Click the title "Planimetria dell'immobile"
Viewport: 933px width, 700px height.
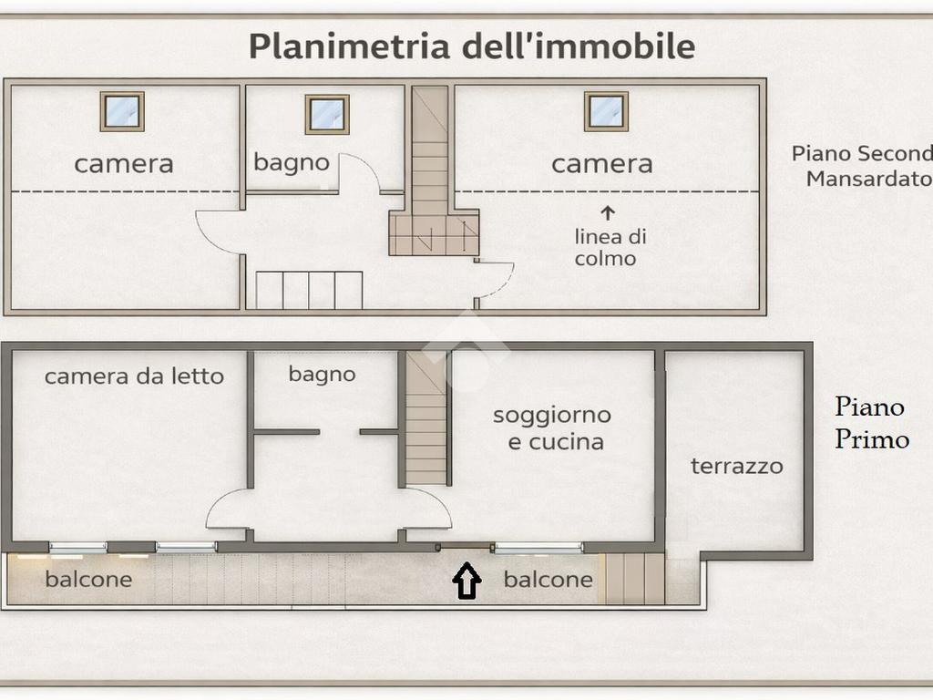click(472, 46)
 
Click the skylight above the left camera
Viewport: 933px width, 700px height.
click(122, 111)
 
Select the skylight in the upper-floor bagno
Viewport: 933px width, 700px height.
click(327, 114)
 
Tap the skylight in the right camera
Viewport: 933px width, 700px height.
click(606, 111)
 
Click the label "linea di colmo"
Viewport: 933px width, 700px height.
click(610, 247)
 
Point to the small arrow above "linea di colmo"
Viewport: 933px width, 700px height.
click(608, 213)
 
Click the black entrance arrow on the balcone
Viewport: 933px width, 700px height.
click(467, 581)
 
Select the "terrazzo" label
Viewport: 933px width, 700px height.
click(736, 466)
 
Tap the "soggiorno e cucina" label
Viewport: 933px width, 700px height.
click(552, 428)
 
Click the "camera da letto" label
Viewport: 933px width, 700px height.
click(134, 376)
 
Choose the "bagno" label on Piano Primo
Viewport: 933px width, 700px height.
click(322, 375)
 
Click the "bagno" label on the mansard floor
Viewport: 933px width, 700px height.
click(292, 162)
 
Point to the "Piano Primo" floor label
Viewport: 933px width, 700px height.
click(872, 423)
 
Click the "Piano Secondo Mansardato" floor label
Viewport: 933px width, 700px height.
click(862, 166)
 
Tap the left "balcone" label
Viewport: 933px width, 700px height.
click(88, 579)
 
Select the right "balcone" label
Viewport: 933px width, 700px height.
click(548, 579)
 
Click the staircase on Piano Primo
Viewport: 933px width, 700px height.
click(426, 417)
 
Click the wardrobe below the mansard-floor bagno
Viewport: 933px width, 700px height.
click(310, 291)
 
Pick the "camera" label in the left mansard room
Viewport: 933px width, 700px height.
click(124, 164)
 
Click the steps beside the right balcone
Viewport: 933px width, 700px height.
click(635, 579)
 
